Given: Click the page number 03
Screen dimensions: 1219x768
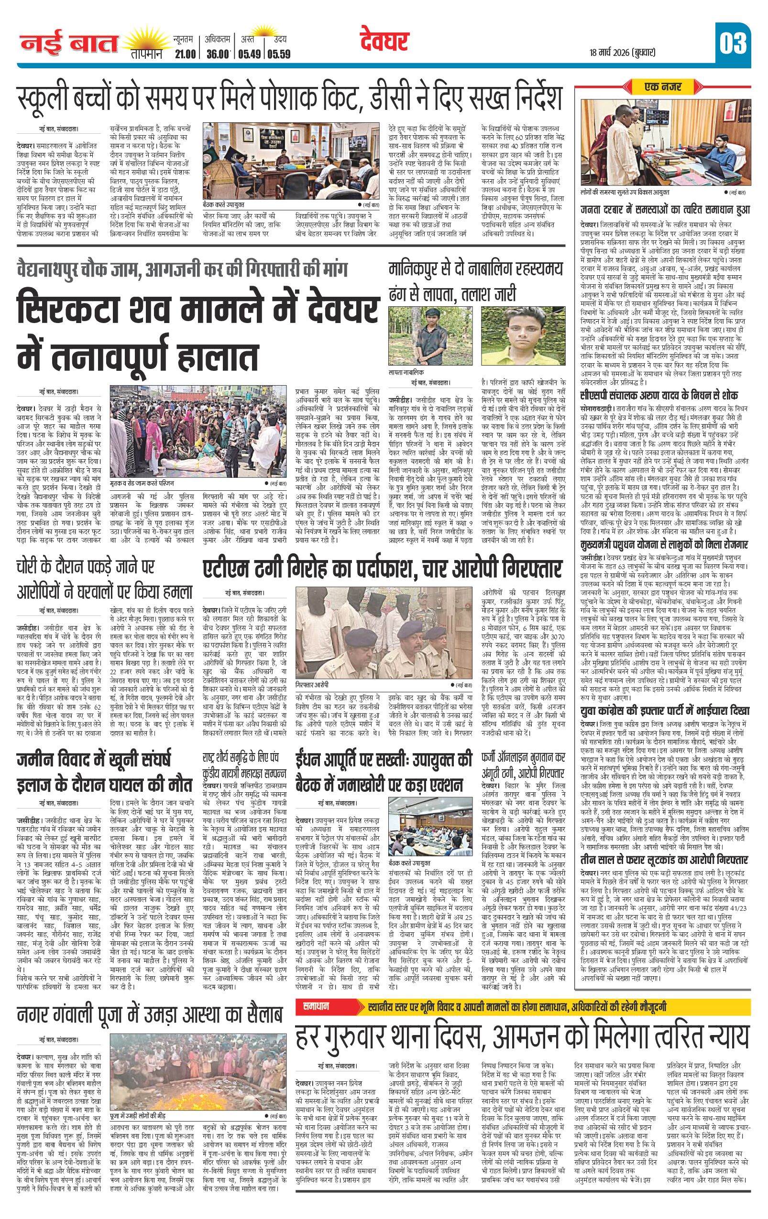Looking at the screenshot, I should (x=732, y=43).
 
